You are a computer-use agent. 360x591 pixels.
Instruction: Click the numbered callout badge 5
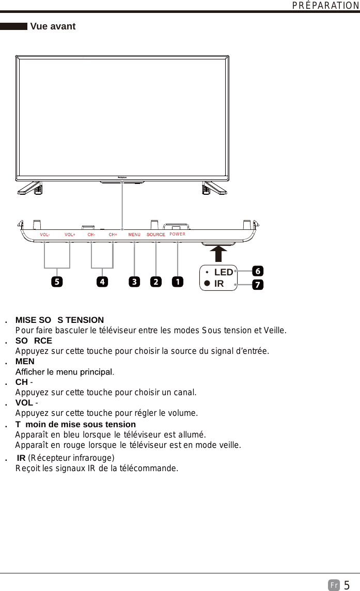click(x=57, y=282)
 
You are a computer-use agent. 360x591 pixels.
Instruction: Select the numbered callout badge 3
click(x=134, y=282)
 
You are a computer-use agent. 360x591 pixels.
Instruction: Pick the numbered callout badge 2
click(x=156, y=282)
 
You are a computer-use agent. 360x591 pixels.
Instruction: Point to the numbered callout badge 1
click(x=177, y=282)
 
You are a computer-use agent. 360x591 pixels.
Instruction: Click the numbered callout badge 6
click(x=258, y=271)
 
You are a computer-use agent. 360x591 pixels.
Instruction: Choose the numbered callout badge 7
click(x=258, y=285)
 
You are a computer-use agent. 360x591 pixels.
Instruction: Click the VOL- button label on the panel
click(x=45, y=235)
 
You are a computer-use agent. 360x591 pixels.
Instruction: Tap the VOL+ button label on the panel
click(x=70, y=235)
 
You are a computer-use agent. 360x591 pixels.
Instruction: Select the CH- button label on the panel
click(x=91, y=235)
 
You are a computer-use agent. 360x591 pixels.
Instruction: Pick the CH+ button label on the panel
click(x=113, y=235)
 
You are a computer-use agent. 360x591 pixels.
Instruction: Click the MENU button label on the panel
click(x=134, y=235)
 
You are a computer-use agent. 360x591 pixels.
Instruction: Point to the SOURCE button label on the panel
click(x=156, y=235)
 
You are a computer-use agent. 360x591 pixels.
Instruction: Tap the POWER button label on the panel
click(x=177, y=234)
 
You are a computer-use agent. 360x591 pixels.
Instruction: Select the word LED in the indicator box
click(x=223, y=272)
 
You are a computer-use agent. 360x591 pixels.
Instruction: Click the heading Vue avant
click(x=53, y=26)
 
